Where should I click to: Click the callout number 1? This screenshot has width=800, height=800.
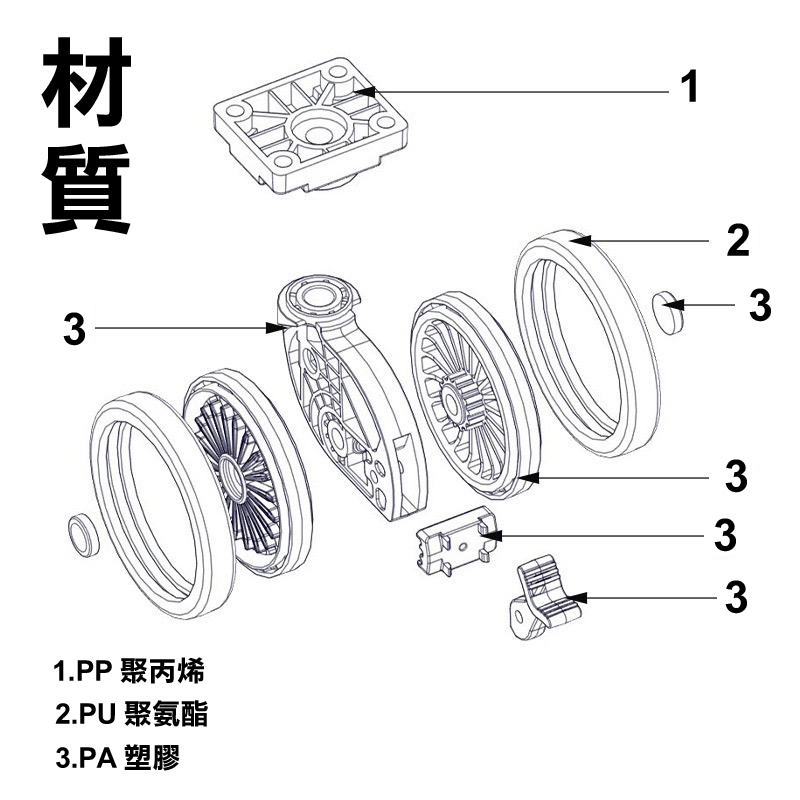689,86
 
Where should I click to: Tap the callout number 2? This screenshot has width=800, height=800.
738,240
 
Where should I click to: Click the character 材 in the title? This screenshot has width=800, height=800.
87,83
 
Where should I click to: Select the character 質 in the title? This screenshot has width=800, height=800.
86,189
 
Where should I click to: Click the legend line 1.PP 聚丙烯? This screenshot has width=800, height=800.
129,670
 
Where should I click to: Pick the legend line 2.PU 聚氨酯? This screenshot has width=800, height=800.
131,713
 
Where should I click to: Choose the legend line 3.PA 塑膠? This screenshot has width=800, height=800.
117,757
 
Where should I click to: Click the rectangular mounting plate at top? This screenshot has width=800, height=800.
311,126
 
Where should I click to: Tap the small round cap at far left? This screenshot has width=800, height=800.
83,536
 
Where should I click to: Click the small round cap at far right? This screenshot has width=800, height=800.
668,312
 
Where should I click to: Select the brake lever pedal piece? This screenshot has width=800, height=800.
546,597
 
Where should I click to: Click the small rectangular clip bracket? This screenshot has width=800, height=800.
456,541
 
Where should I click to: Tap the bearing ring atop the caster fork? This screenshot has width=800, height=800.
316,297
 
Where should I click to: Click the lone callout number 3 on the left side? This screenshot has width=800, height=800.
74,329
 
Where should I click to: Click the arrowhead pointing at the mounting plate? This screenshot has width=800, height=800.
364,92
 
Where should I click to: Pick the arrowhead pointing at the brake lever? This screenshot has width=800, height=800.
576,597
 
